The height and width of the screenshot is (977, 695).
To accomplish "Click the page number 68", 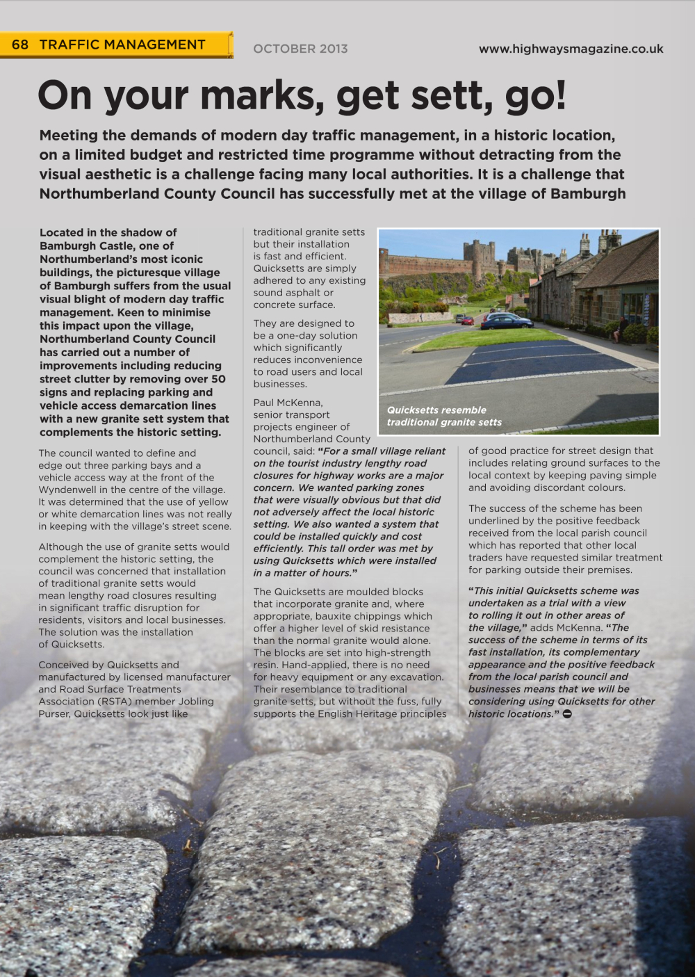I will (x=20, y=45).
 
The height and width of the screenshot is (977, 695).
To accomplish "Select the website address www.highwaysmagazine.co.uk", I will (x=571, y=49).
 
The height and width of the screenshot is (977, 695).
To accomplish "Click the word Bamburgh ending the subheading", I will (x=588, y=193).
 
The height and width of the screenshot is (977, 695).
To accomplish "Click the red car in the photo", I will (x=468, y=321).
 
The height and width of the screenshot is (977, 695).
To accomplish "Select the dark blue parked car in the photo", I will (x=506, y=321).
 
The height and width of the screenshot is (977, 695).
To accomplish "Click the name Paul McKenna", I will (x=288, y=403).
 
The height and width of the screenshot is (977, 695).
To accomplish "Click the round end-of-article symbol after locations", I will (x=567, y=714).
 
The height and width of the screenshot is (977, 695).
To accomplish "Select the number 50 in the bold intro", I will (x=218, y=379).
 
